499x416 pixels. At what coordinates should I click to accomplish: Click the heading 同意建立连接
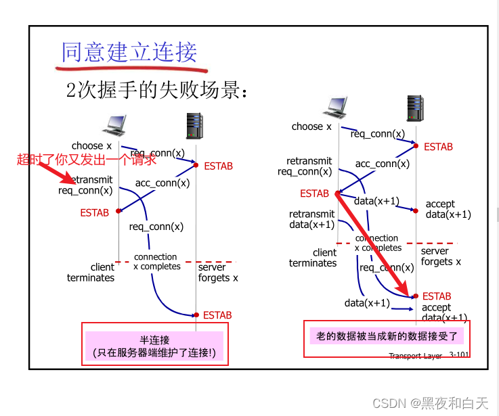[x=129, y=52]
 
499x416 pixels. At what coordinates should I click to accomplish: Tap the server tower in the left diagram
[x=195, y=126]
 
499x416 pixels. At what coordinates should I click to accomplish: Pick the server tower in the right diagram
[x=415, y=109]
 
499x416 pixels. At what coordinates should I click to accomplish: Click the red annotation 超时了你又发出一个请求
[x=87, y=160]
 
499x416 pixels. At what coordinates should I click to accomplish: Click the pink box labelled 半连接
[x=154, y=346]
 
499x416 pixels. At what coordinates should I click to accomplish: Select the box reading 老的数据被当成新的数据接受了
[x=387, y=336]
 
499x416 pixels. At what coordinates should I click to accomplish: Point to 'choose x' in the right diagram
[x=311, y=126]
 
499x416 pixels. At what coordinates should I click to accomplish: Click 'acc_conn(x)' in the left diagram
[x=162, y=183]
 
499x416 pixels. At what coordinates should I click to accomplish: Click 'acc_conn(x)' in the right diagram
[x=382, y=164]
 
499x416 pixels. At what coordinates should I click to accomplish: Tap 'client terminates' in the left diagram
[x=91, y=273]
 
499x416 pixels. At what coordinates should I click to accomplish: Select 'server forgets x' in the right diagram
[x=441, y=256]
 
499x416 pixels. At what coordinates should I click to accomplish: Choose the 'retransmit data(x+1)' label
[x=312, y=220]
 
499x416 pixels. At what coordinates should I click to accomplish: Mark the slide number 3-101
[x=458, y=355]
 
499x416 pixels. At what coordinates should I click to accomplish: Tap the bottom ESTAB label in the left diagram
[x=217, y=315]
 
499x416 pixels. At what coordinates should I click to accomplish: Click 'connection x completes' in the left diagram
[x=156, y=262]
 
